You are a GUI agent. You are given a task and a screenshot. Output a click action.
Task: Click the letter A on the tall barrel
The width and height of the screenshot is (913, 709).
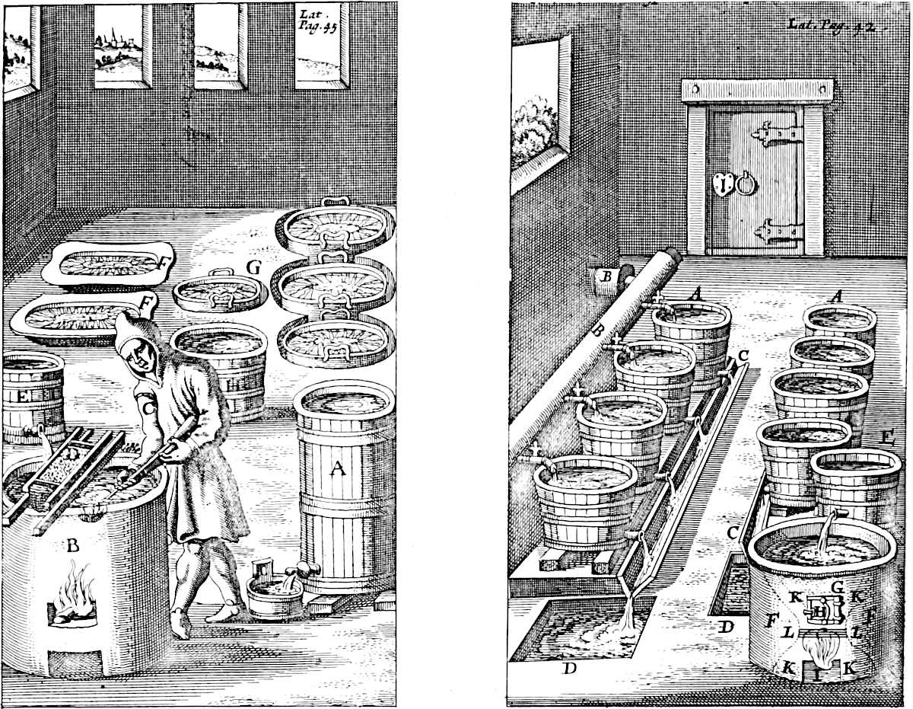(336, 471)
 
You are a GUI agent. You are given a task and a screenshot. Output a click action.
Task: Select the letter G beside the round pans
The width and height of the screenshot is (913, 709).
(253, 267)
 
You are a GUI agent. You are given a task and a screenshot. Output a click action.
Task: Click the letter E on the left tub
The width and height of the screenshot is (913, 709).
(24, 396)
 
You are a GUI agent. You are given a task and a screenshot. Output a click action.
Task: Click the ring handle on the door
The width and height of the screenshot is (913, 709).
(745, 184)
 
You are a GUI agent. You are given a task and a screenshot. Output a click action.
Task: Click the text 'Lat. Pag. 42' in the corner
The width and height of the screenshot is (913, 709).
(840, 25)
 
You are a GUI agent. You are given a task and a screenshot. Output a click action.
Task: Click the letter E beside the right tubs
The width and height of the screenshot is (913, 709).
(886, 437)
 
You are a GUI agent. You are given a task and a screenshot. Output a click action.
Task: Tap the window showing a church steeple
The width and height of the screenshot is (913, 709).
(117, 45)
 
